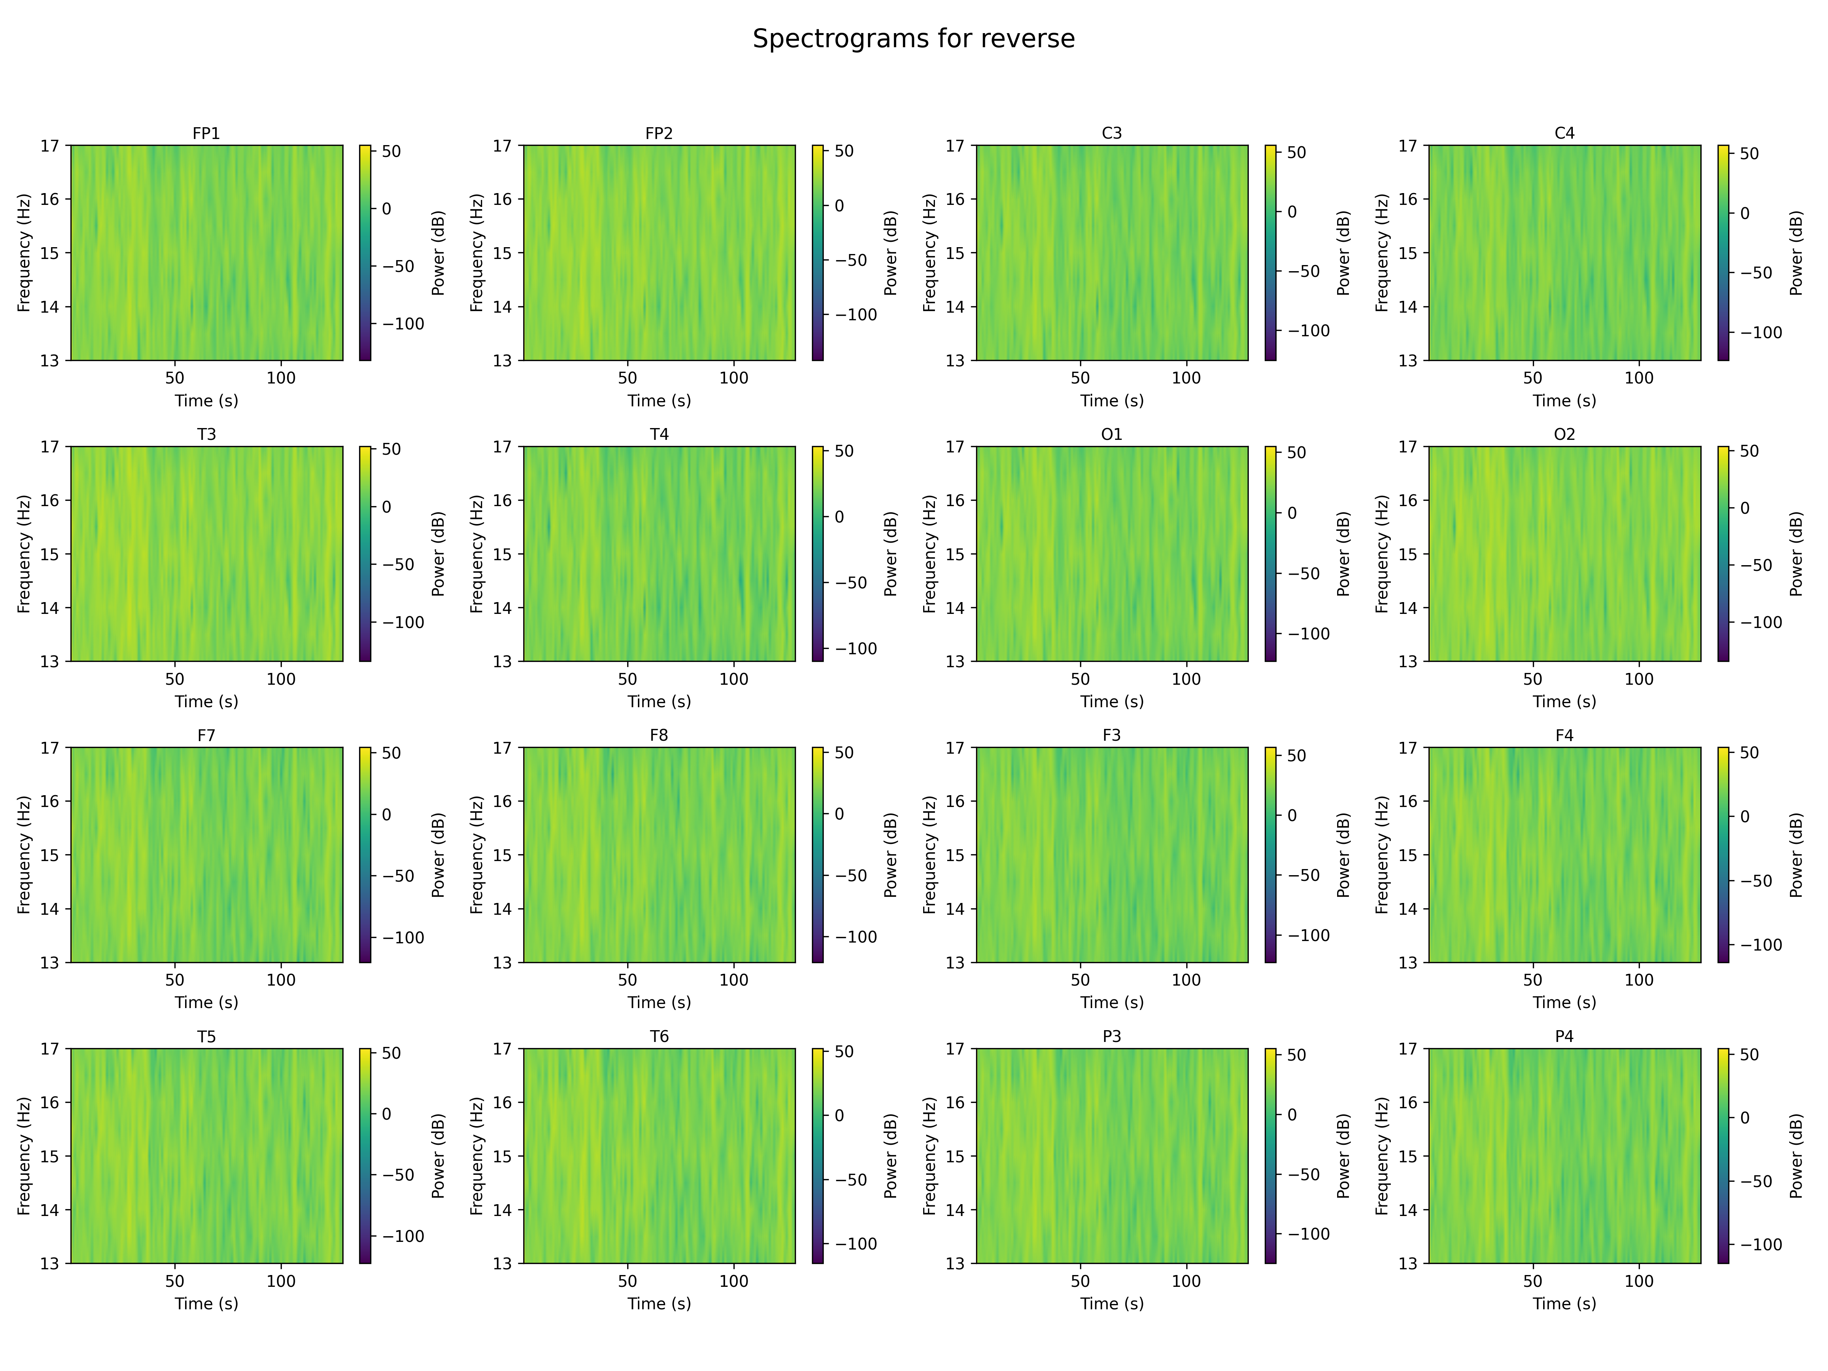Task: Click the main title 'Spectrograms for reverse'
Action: point(913,39)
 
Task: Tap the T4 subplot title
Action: point(658,434)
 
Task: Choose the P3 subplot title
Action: point(1112,1036)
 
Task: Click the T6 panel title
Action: point(658,1036)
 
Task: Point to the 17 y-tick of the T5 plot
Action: point(50,1049)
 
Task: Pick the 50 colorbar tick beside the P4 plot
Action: point(1750,1055)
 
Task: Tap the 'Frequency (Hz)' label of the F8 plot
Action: point(477,855)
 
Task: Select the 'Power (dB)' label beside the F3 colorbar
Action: point(1343,855)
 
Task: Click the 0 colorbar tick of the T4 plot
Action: point(839,517)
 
